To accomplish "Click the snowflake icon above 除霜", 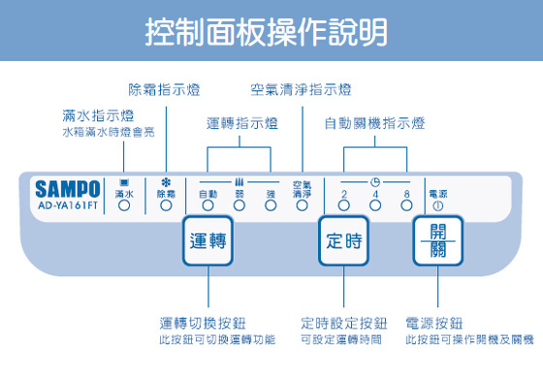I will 166,182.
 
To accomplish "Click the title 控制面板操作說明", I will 271,31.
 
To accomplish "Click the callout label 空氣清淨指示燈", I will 301,89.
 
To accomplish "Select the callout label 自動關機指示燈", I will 374,124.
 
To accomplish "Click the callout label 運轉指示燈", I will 241,124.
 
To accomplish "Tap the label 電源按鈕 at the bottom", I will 436,323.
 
